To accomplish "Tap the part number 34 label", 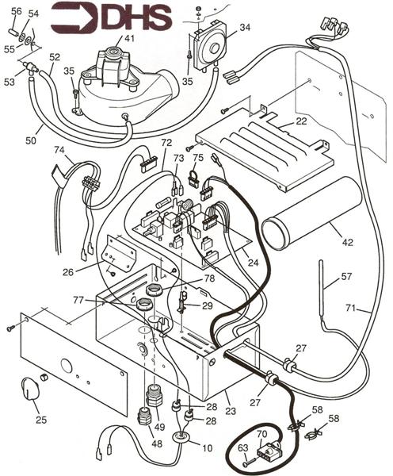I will point(245,27).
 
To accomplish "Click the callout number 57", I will point(345,278).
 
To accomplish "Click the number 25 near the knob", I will point(41,418).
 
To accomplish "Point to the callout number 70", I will point(261,435).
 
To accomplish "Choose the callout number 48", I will point(158,443).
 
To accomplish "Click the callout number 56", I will point(15,10).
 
